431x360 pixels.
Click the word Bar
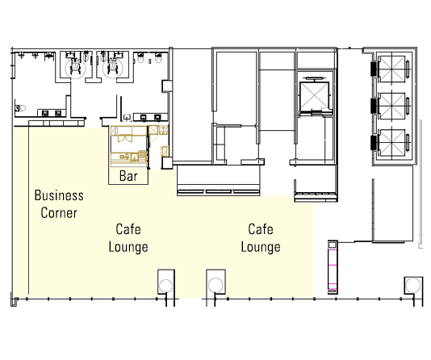pos(128,176)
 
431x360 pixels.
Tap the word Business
pos(59,195)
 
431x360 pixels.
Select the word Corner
pos(59,213)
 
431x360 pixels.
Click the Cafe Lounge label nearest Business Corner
pos(128,238)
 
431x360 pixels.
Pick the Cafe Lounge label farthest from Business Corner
pos(261,238)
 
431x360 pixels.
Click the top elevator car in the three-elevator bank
pos(392,69)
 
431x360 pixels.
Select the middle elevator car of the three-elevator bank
pos(392,106)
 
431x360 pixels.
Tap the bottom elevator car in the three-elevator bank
pos(392,142)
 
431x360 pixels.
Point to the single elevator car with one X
pos(314,96)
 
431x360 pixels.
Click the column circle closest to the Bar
pos(166,286)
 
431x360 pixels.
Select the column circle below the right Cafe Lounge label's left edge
pos(215,285)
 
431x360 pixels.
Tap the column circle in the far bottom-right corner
pos(413,285)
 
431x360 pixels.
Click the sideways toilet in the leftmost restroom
pos(20,108)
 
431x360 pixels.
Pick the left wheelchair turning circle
pos(75,69)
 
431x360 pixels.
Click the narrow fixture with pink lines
pos(333,267)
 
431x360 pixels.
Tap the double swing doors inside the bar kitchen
pos(125,138)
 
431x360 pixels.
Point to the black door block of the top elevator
pos(375,69)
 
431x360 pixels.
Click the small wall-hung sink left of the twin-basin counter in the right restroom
pos(127,117)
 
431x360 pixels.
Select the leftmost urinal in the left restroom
pos(21,55)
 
